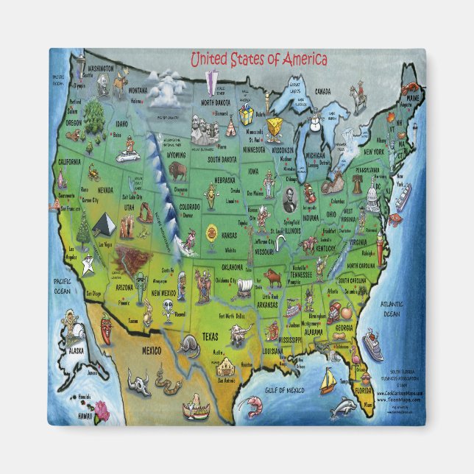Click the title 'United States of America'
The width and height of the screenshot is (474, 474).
(x=258, y=60)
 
